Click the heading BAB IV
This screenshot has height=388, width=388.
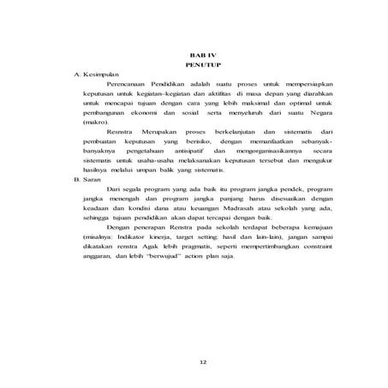[198, 54]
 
